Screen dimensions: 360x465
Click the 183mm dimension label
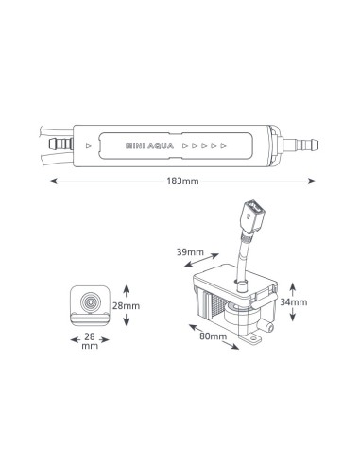pyautogui.click(x=182, y=181)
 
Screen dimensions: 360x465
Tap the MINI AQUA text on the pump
pyautogui.click(x=149, y=146)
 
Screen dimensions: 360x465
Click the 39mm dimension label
pyautogui.click(x=190, y=252)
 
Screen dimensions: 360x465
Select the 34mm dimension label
pyautogui.click(x=294, y=302)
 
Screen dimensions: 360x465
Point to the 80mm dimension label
pyautogui.click(x=213, y=336)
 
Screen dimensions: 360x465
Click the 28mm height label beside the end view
pyautogui.click(x=126, y=306)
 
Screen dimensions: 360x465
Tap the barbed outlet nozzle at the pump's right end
pyautogui.click(x=300, y=146)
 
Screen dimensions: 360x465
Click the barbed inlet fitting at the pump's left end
pyautogui.click(x=61, y=145)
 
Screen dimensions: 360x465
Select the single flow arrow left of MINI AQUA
pyautogui.click(x=89, y=146)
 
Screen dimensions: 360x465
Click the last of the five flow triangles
pyautogui.click(x=224, y=146)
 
